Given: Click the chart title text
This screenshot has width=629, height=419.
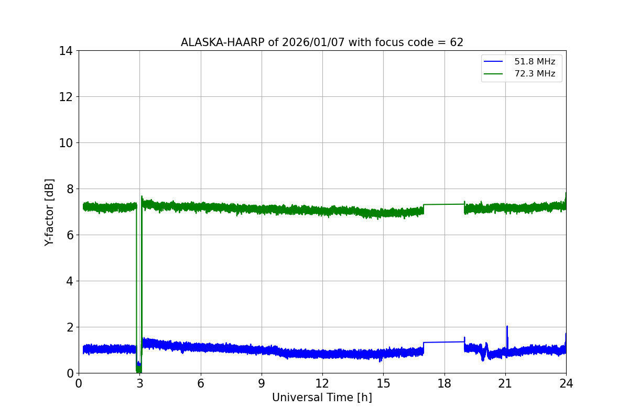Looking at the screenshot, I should tap(322, 42).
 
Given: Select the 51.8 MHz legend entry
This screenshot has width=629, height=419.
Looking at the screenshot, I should tap(534, 62).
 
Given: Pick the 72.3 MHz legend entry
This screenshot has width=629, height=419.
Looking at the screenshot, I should tap(534, 74).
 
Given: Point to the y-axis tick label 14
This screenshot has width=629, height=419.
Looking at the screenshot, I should tap(66, 51).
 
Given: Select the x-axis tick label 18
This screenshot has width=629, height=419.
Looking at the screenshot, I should tap(444, 383).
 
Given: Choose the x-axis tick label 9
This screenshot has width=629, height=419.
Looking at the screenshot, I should tap(262, 383).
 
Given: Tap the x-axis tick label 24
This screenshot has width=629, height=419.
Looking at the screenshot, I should tap(566, 383).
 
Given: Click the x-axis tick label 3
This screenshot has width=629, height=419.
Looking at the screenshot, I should tap(139, 383).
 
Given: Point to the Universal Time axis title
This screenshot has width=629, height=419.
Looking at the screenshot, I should tap(322, 398).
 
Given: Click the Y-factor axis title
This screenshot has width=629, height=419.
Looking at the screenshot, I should tap(49, 212).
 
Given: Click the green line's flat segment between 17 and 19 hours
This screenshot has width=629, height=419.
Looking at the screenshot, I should tap(444, 204).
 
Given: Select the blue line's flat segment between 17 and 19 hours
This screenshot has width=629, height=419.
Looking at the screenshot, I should tap(444, 342).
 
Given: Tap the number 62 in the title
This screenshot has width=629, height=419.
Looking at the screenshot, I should tap(457, 42).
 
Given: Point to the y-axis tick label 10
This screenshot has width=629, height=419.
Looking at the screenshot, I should tap(66, 143).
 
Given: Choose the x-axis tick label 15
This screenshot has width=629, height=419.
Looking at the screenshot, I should tap(383, 383).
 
